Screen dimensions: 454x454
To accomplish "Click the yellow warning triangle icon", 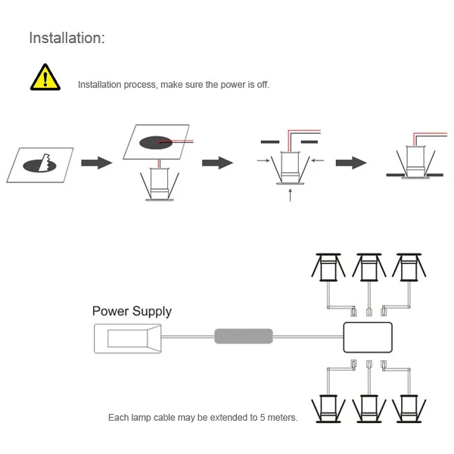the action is [45, 78].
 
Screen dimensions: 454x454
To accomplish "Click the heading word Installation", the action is [65, 38].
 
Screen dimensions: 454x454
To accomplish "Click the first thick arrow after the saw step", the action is [97, 163].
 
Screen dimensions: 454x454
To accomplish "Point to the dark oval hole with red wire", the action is [156, 142].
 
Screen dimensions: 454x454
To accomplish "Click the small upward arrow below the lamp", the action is [290, 195].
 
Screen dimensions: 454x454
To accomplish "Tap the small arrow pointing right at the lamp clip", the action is [263, 160].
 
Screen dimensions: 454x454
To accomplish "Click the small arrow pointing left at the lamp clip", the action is [317, 160].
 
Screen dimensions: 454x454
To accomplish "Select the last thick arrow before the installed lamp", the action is [351, 163].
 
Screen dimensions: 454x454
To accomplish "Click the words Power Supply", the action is [132, 312].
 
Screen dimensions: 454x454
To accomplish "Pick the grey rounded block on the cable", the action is [244, 336].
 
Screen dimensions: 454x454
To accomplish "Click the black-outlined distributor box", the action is [368, 337].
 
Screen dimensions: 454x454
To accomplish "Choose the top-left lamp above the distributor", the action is [328, 267].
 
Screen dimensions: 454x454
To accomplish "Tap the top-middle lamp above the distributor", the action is [369, 267].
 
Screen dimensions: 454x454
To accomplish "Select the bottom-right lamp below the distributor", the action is [409, 409].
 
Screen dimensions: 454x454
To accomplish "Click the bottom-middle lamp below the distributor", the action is [369, 409].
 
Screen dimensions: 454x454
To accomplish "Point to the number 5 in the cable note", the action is [263, 418].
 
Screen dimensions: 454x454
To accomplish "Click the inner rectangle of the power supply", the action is [128, 338].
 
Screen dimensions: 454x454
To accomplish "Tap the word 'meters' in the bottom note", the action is [282, 418].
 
